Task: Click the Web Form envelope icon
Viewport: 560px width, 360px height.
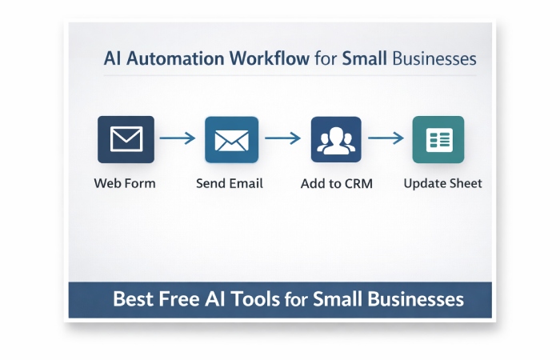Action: [x=126, y=139]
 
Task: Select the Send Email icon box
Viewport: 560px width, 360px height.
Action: [x=231, y=139]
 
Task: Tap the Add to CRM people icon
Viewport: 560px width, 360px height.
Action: [x=336, y=139]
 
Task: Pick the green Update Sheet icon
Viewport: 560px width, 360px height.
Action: [x=438, y=139]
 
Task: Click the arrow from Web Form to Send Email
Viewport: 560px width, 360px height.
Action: [x=178, y=138]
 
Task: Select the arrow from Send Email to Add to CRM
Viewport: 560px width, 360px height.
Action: [x=282, y=138]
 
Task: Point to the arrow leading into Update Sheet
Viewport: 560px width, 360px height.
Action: [x=386, y=138]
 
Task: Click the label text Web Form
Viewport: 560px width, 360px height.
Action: [x=125, y=183]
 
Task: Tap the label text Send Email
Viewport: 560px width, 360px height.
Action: [x=230, y=183]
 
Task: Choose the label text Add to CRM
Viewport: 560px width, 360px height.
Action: [x=336, y=183]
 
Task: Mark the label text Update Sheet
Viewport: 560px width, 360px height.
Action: [x=442, y=183]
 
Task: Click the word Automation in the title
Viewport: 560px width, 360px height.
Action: [x=174, y=59]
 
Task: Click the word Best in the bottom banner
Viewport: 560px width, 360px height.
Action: [x=132, y=300]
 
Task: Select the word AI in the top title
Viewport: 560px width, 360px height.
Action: [x=113, y=59]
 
